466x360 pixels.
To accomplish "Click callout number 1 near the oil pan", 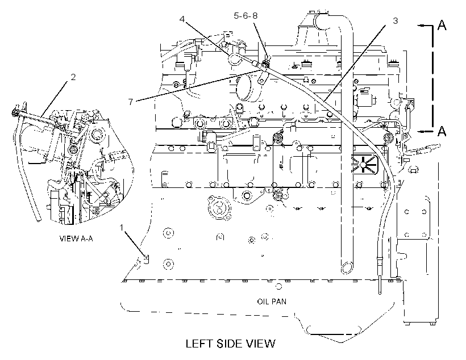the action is tap(121, 228).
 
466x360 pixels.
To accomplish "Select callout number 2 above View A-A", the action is tap(73, 77).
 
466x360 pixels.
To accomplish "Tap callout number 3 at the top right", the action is tap(395, 21).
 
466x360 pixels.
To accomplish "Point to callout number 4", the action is tap(182, 19).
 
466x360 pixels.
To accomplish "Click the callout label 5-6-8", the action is tap(246, 15).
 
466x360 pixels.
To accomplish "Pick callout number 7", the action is tap(131, 102).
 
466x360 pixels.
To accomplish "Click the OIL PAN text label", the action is tap(272, 302).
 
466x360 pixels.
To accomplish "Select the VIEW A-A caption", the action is tap(76, 238).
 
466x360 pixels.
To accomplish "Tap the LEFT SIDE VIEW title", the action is tap(230, 344).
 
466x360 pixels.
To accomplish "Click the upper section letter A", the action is tap(442, 25).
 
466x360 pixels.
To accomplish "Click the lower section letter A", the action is tap(442, 131).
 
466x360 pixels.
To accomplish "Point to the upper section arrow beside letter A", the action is tap(425, 26).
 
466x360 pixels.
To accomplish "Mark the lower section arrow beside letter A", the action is tap(425, 131).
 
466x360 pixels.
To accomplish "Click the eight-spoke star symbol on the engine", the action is tap(363, 164).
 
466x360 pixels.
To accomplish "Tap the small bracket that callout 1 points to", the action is tap(146, 259).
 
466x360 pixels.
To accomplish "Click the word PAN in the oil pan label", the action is tap(280, 302).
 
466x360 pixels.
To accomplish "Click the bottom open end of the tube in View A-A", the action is tap(38, 220).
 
